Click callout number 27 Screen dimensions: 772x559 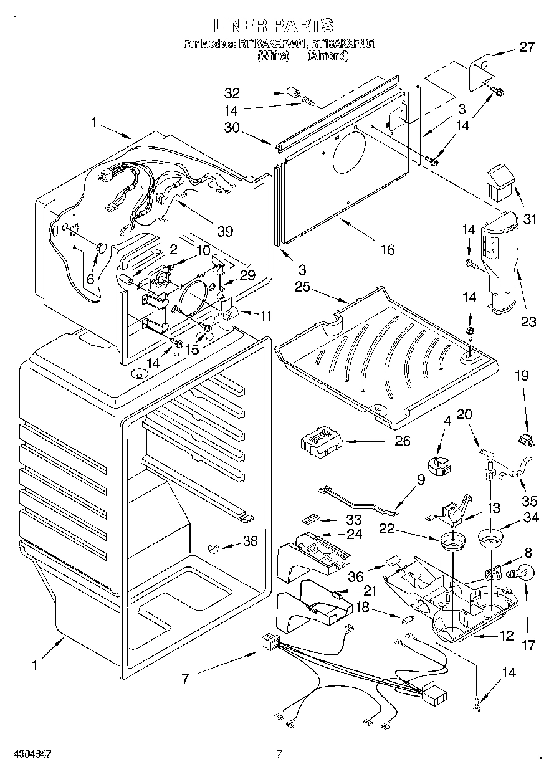pos(527,46)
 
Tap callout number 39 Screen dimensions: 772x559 pos(225,232)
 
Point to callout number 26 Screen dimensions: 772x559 pos(403,441)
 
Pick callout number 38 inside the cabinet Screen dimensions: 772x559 pos(251,542)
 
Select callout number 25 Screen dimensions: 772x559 pos(303,288)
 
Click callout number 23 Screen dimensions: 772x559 pos(528,322)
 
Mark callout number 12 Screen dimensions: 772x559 pos(506,636)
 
